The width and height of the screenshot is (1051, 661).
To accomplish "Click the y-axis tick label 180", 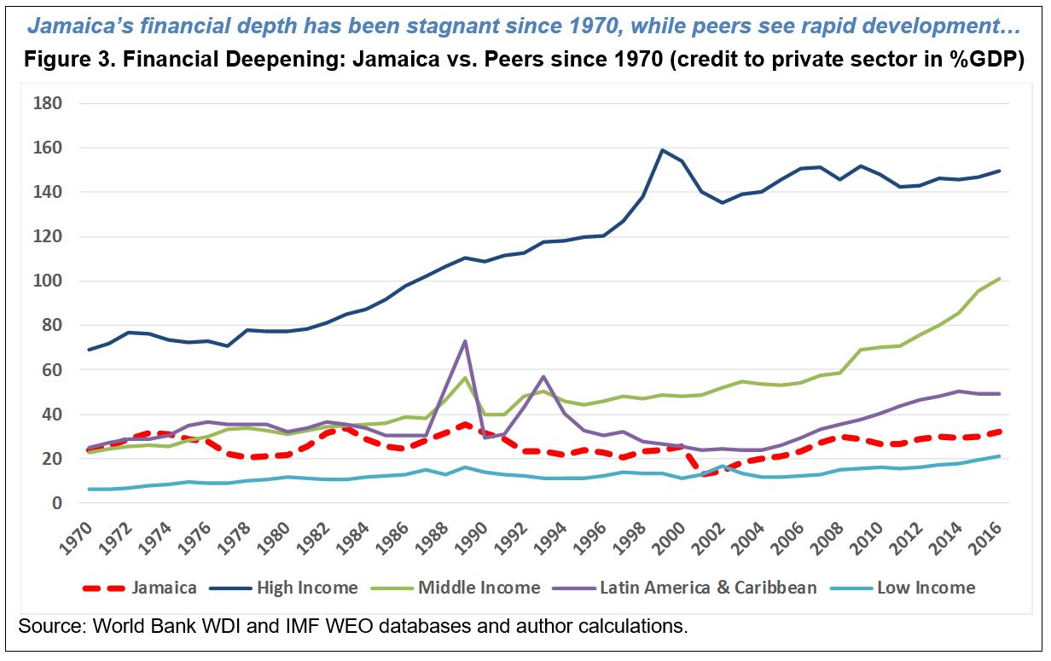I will click(48, 104).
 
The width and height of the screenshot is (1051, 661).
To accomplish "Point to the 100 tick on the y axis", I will click(48, 281).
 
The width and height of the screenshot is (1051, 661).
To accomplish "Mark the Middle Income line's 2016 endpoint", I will click(999, 279).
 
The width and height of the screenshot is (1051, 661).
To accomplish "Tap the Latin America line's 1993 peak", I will click(543, 376).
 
